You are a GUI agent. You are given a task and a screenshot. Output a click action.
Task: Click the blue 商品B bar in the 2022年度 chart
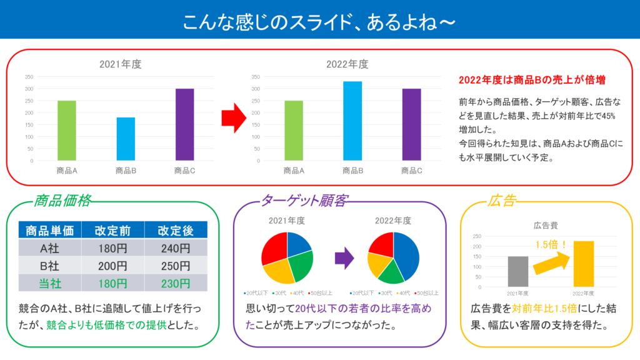tap(352, 121)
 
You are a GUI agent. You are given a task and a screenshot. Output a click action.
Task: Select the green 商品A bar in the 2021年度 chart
tap(66, 130)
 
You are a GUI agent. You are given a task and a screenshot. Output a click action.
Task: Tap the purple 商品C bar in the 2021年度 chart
tap(184, 124)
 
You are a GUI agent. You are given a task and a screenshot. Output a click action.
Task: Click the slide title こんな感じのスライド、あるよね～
tap(319, 22)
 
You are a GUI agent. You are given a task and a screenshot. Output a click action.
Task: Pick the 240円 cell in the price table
tap(175, 247)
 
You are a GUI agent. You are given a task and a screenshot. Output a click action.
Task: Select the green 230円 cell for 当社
tap(175, 283)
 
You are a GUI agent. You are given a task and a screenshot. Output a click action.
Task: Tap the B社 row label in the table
tap(50, 265)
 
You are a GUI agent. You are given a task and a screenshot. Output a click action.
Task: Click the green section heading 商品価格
tap(62, 201)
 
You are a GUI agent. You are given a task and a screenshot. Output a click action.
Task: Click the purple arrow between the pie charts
tap(344, 257)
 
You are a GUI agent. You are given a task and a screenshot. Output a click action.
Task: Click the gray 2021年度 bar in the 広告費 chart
tap(518, 271)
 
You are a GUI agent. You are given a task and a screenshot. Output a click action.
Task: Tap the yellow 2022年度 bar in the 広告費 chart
tap(584, 264)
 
